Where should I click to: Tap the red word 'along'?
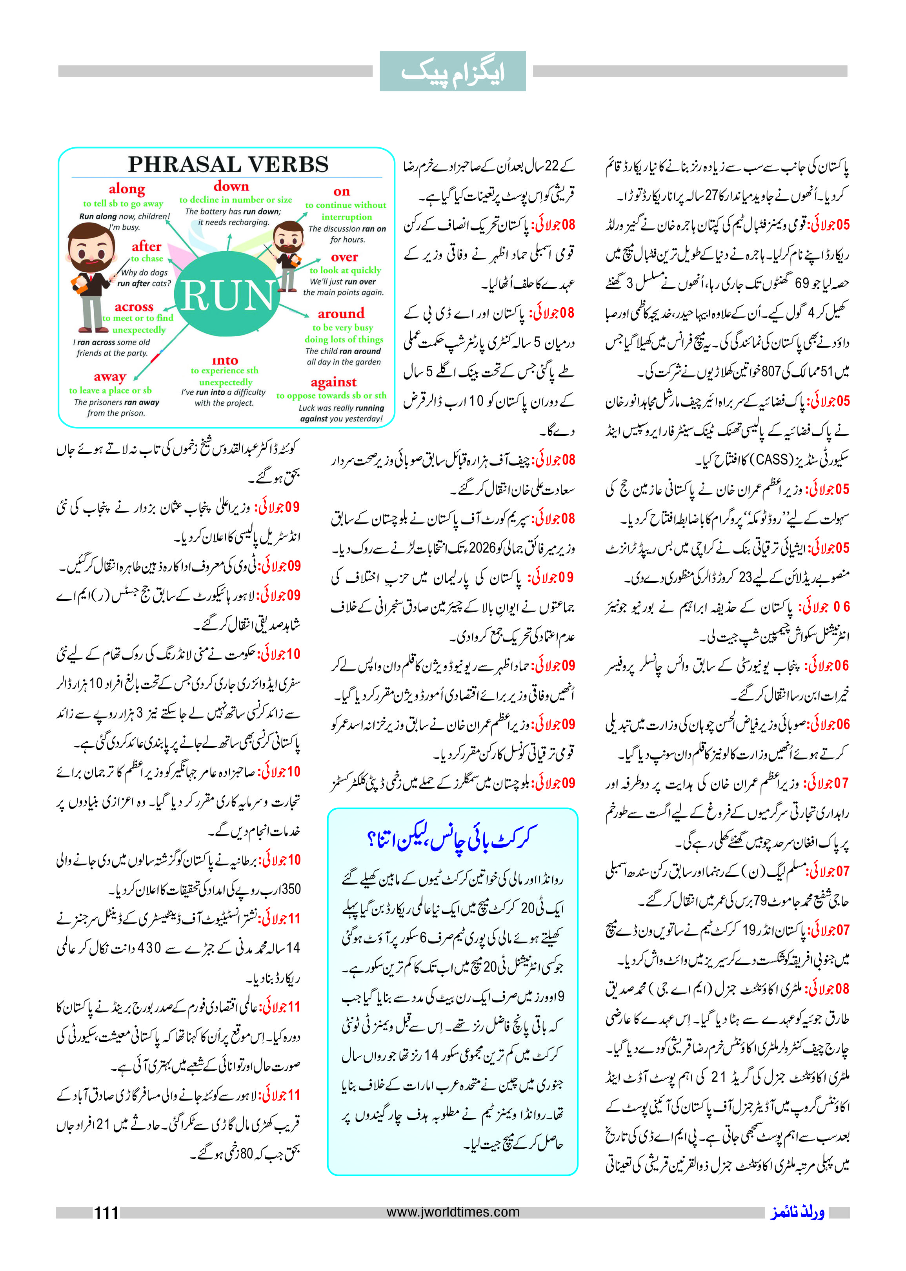[x=127, y=189]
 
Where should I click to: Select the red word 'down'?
[x=231, y=186]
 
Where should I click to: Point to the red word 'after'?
[x=146, y=247]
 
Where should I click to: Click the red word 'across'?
[x=134, y=306]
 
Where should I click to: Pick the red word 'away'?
[x=110, y=377]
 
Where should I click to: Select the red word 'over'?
[x=344, y=257]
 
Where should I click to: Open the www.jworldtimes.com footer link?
[x=453, y=1212]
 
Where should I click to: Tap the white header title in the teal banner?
[x=453, y=72]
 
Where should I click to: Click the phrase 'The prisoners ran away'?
[x=116, y=403]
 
